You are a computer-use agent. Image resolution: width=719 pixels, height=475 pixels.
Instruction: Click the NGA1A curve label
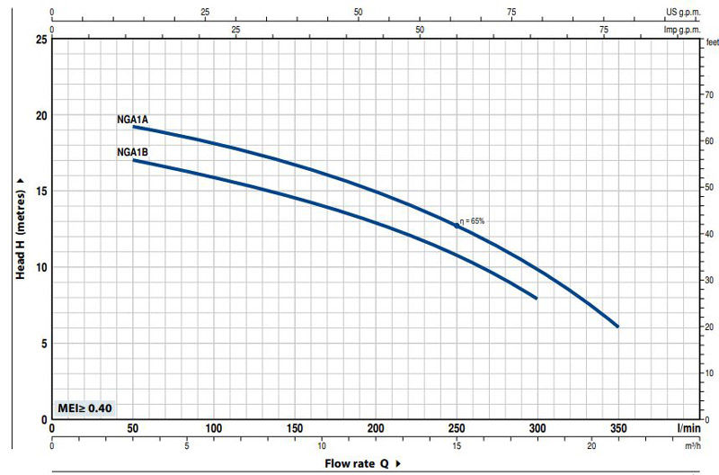pos(131,119)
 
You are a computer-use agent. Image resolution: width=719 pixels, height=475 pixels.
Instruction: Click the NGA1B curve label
pos(131,152)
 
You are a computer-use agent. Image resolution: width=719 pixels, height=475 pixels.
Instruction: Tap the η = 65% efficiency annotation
pos(473,220)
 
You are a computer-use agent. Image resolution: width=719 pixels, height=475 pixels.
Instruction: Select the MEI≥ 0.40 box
pos(84,408)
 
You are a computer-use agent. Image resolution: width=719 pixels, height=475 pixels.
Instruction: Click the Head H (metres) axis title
pos(21,229)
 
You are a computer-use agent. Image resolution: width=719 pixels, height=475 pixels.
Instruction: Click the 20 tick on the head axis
pos(40,115)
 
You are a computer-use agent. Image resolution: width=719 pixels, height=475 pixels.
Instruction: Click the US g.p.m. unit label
pos(682,13)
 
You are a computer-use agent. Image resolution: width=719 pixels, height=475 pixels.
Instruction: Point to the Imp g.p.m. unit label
pos(681,30)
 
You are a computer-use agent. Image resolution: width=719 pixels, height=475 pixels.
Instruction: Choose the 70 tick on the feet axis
pos(708,94)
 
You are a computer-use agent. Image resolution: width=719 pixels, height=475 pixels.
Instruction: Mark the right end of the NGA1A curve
pos(618,327)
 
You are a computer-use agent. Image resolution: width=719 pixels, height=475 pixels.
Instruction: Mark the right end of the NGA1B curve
pos(537,298)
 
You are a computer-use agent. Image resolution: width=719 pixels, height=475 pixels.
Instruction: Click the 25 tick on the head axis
pos(40,40)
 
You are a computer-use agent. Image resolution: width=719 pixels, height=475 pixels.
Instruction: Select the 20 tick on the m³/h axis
pos(591,445)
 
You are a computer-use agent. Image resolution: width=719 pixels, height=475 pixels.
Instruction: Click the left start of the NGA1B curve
pos(133,160)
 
